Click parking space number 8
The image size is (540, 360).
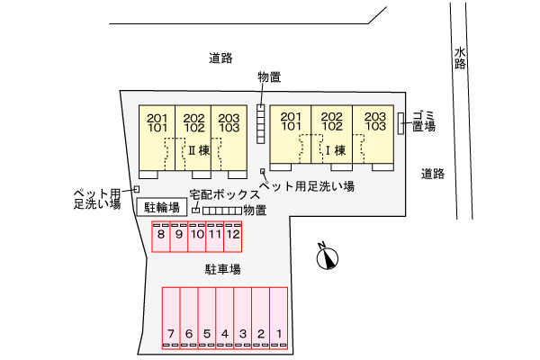(161, 237)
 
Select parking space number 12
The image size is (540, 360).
(233, 237)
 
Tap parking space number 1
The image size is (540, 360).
(279, 318)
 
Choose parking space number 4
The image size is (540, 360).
(225, 318)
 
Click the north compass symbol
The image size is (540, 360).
(327, 257)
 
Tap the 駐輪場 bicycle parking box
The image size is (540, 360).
(162, 207)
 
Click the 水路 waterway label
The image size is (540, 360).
(460, 58)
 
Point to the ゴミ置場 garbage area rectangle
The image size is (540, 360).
(400, 123)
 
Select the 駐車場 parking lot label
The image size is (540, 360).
(223, 269)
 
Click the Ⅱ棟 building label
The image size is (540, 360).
(199, 150)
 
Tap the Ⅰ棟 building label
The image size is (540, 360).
(335, 150)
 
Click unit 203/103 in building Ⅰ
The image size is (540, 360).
(373, 134)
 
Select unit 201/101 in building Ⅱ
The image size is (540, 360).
(157, 138)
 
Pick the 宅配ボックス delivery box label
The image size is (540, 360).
(224, 194)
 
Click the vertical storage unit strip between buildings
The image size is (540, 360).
(261, 124)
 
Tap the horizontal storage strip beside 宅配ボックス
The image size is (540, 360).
(222, 211)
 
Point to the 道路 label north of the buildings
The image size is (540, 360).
(220, 58)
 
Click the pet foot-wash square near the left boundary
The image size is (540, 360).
(137, 189)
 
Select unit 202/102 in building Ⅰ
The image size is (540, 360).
(331, 134)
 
